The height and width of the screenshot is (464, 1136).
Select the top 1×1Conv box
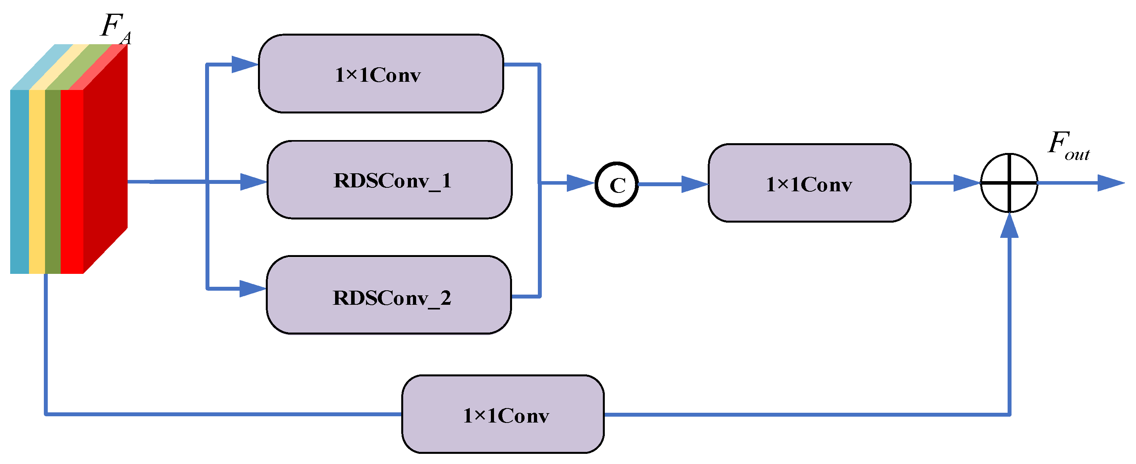(380, 74)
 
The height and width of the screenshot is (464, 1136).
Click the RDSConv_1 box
(389, 180)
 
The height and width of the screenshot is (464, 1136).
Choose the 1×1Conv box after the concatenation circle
(809, 183)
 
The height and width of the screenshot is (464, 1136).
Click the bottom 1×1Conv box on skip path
(503, 414)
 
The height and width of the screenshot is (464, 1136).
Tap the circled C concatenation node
(617, 184)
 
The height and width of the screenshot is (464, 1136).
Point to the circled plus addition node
(1009, 182)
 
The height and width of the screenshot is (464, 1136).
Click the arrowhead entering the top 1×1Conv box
(244, 64)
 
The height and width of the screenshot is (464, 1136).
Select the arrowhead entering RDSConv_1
(253, 182)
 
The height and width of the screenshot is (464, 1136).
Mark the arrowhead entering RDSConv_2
(252, 289)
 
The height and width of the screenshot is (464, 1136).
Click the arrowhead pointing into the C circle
(579, 182)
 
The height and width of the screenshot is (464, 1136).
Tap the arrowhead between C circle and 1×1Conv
(694, 184)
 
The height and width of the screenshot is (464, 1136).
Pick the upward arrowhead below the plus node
(1009, 227)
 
